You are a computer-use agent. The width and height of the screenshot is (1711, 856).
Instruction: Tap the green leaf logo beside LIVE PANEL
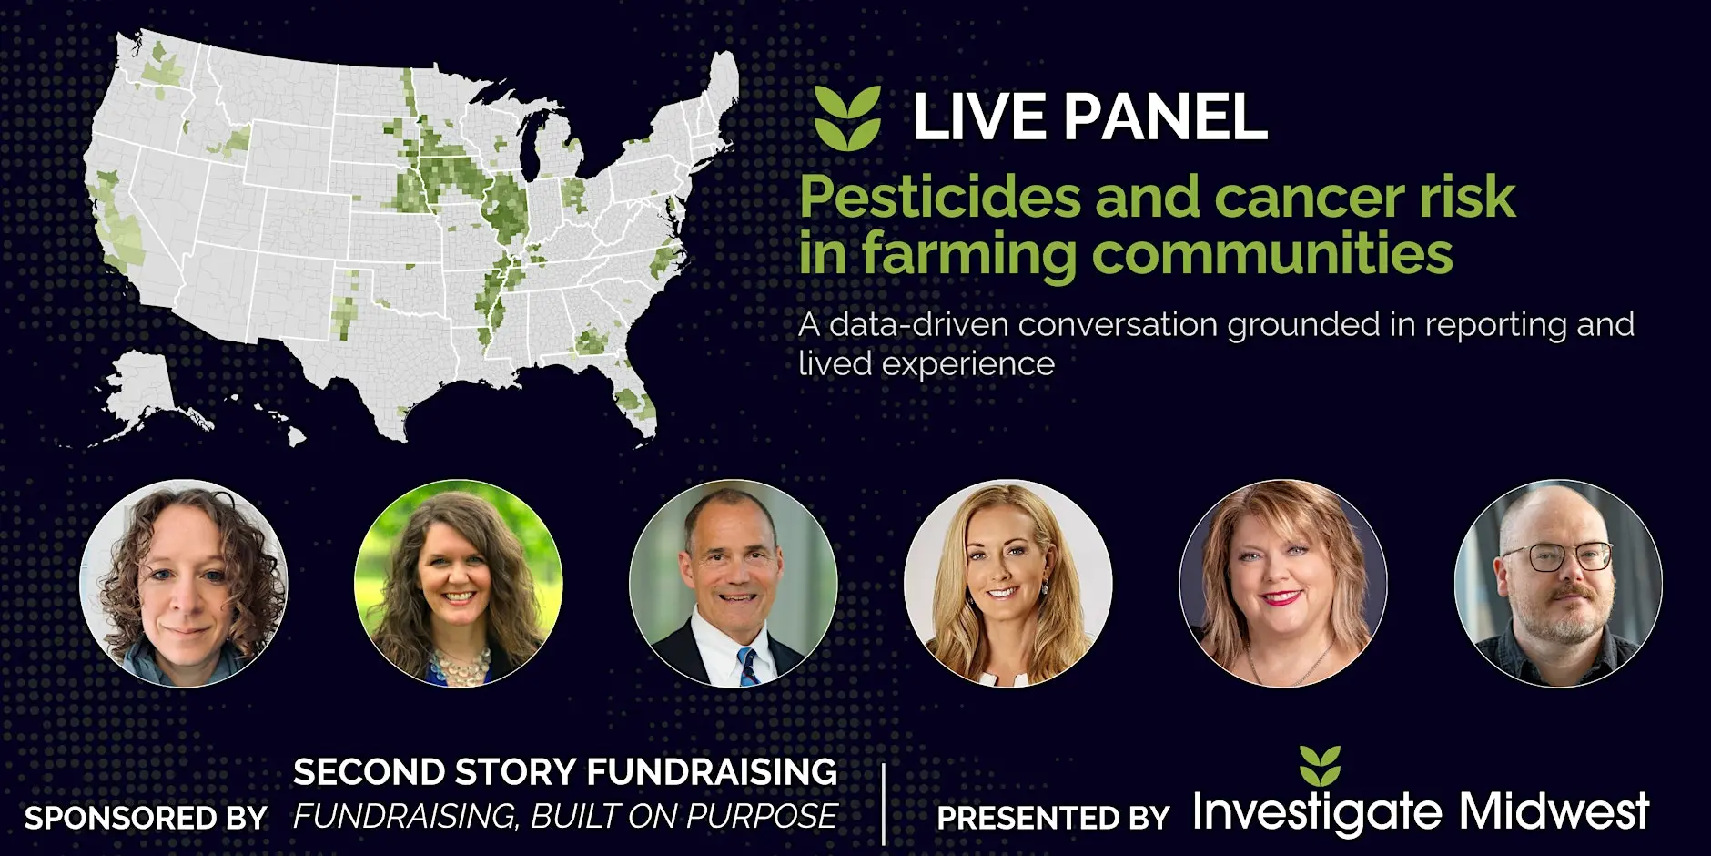[x=847, y=118]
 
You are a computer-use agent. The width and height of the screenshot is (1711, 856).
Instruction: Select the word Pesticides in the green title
[x=940, y=198]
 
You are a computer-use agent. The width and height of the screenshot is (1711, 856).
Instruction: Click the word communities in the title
[x=1271, y=253]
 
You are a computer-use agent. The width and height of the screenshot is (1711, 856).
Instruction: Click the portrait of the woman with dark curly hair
[x=184, y=583]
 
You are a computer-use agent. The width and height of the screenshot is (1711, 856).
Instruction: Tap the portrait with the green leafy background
[x=458, y=583]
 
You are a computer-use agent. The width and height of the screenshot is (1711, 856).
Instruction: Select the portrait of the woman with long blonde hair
[x=1007, y=583]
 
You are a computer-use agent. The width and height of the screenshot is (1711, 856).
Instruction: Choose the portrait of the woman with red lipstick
[x=1283, y=583]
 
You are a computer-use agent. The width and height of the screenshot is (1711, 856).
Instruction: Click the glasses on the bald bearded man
[x=1559, y=556]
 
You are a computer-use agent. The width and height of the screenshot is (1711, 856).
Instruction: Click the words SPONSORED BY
[x=146, y=818]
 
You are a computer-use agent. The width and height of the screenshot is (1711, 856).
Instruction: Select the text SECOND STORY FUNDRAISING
[x=564, y=772]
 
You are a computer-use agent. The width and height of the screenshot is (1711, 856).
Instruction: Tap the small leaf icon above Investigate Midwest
[x=1320, y=766]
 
